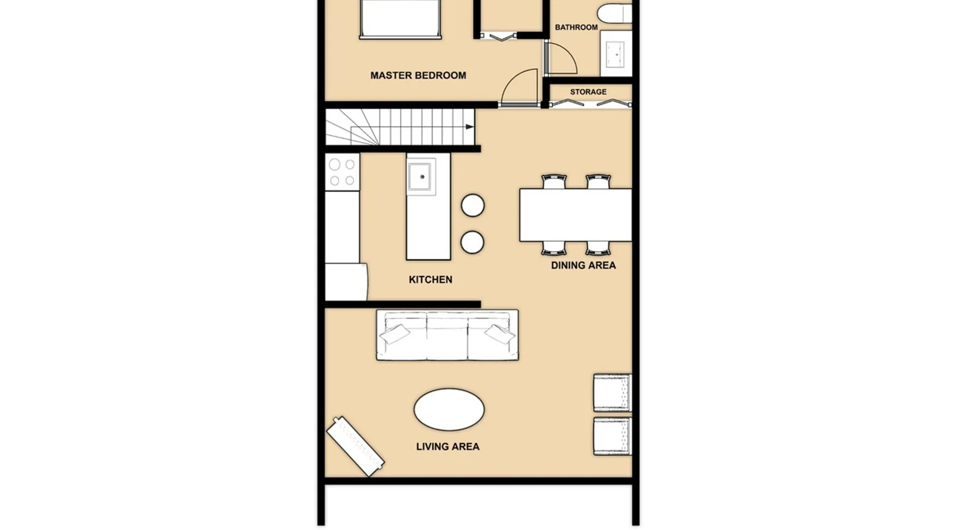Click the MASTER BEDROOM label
coord(418,76)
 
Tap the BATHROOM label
coord(576,28)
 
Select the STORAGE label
coord(588,92)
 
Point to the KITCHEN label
coord(430,280)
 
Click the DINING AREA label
coord(584,266)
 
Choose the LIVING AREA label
coord(448,447)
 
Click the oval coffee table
coord(449,410)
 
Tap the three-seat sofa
coord(447,335)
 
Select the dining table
coord(576,215)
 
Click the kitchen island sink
coord(421,176)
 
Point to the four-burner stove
coord(342,172)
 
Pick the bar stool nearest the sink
coord(473,206)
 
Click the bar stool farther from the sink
coord(472,243)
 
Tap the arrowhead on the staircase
coord(470,127)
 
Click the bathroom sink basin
coord(616,54)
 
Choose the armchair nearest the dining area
coord(613,393)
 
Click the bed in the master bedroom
coord(400,19)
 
